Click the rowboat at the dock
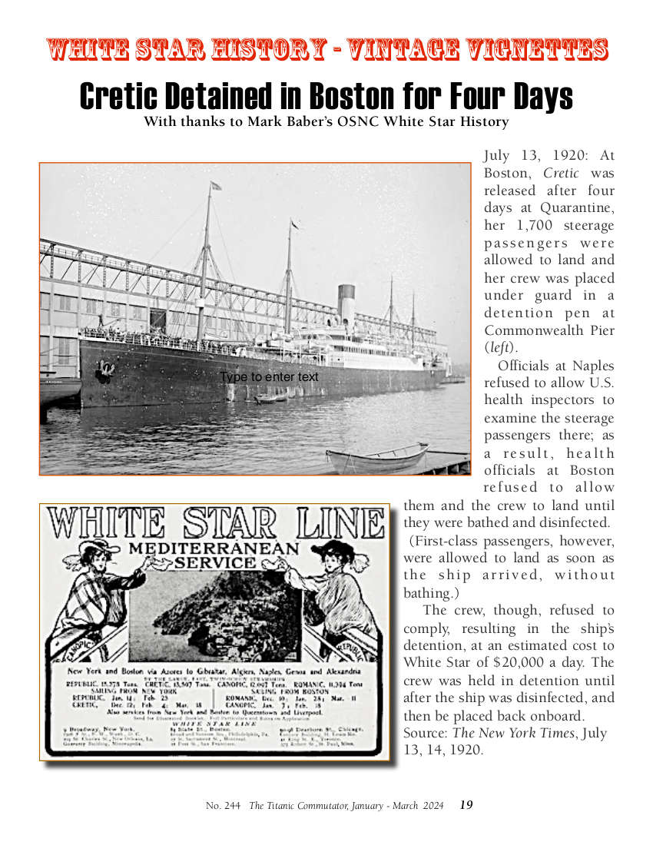376,459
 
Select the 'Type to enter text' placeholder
269,377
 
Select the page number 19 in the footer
466,805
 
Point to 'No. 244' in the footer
223,805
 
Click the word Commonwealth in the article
549,330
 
